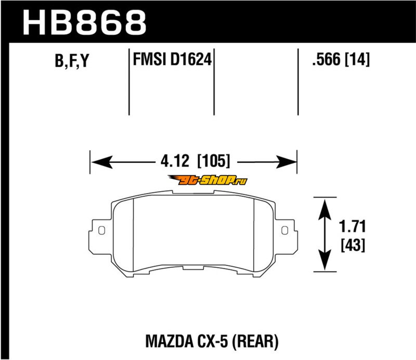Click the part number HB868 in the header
tap(85, 22)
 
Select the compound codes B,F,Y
tap(72, 60)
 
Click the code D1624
tap(191, 59)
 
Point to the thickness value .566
tap(327, 59)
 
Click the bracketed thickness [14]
tap(357, 59)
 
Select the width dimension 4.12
tap(175, 161)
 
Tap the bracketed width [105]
tap(214, 161)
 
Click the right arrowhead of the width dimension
tap(286, 162)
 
